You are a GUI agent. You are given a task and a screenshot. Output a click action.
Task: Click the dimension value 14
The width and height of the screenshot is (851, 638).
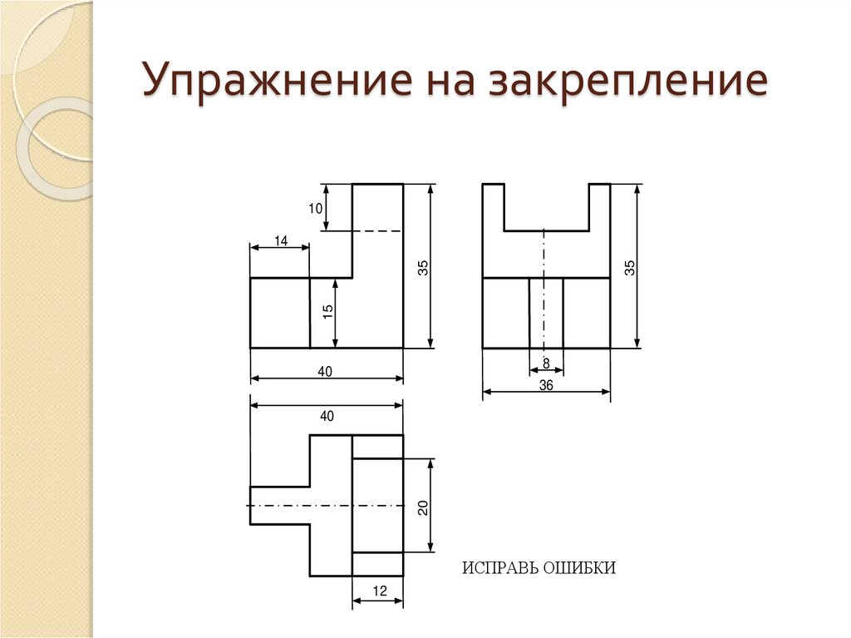click(280, 240)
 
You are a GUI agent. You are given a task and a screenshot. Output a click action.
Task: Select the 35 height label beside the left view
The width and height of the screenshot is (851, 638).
click(423, 268)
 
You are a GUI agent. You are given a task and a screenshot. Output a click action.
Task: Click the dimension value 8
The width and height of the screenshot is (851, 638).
click(546, 363)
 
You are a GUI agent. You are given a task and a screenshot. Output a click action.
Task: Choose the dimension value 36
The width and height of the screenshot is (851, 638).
click(546, 385)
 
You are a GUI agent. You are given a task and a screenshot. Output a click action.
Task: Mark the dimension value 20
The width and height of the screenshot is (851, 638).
click(423, 507)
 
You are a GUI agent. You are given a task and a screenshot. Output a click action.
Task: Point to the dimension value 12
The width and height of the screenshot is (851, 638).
click(379, 591)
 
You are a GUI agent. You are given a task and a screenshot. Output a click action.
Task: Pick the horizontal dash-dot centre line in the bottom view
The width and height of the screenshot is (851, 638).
click(332, 506)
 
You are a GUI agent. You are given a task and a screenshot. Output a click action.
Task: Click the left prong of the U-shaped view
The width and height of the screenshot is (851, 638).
click(494, 206)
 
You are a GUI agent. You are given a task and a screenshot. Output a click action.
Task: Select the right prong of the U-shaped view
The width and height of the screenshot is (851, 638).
click(599, 206)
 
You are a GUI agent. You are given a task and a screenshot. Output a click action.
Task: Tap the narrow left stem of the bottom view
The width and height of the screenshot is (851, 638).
click(279, 506)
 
